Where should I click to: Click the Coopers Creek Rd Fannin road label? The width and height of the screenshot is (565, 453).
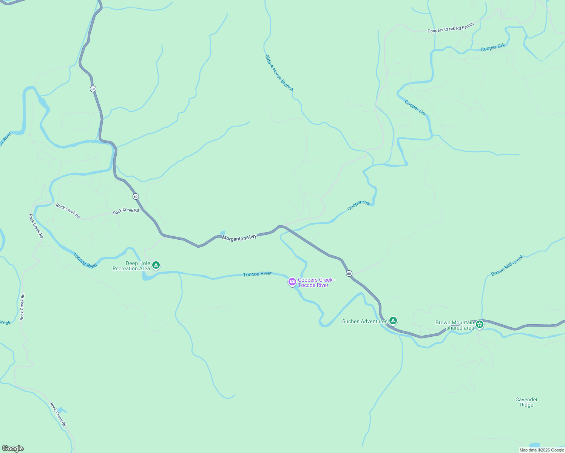450,28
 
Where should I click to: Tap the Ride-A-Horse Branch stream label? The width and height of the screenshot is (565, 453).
279,73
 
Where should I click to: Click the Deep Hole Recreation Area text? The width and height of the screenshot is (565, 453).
131,266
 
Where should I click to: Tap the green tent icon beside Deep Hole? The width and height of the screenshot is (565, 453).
156,265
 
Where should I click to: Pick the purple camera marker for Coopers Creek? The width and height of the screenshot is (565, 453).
292,282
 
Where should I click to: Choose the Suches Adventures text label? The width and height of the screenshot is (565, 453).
364,322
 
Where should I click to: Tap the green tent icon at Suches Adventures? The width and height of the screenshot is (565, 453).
393,321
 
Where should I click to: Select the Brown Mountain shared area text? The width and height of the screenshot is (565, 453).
455,325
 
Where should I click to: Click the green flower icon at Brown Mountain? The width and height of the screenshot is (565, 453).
480,324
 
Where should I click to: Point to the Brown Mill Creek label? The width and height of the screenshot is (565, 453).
507,266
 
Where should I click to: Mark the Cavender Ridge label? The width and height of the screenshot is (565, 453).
526,402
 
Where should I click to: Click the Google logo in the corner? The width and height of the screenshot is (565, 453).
13,448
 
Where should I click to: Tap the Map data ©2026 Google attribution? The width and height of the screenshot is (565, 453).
542,450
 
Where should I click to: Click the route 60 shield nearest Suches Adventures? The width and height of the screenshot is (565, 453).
349,273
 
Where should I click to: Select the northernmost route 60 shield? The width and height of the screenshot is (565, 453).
93,89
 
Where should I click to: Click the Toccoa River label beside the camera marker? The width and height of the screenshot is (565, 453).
257,274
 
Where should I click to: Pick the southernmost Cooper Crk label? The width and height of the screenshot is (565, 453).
358,205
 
